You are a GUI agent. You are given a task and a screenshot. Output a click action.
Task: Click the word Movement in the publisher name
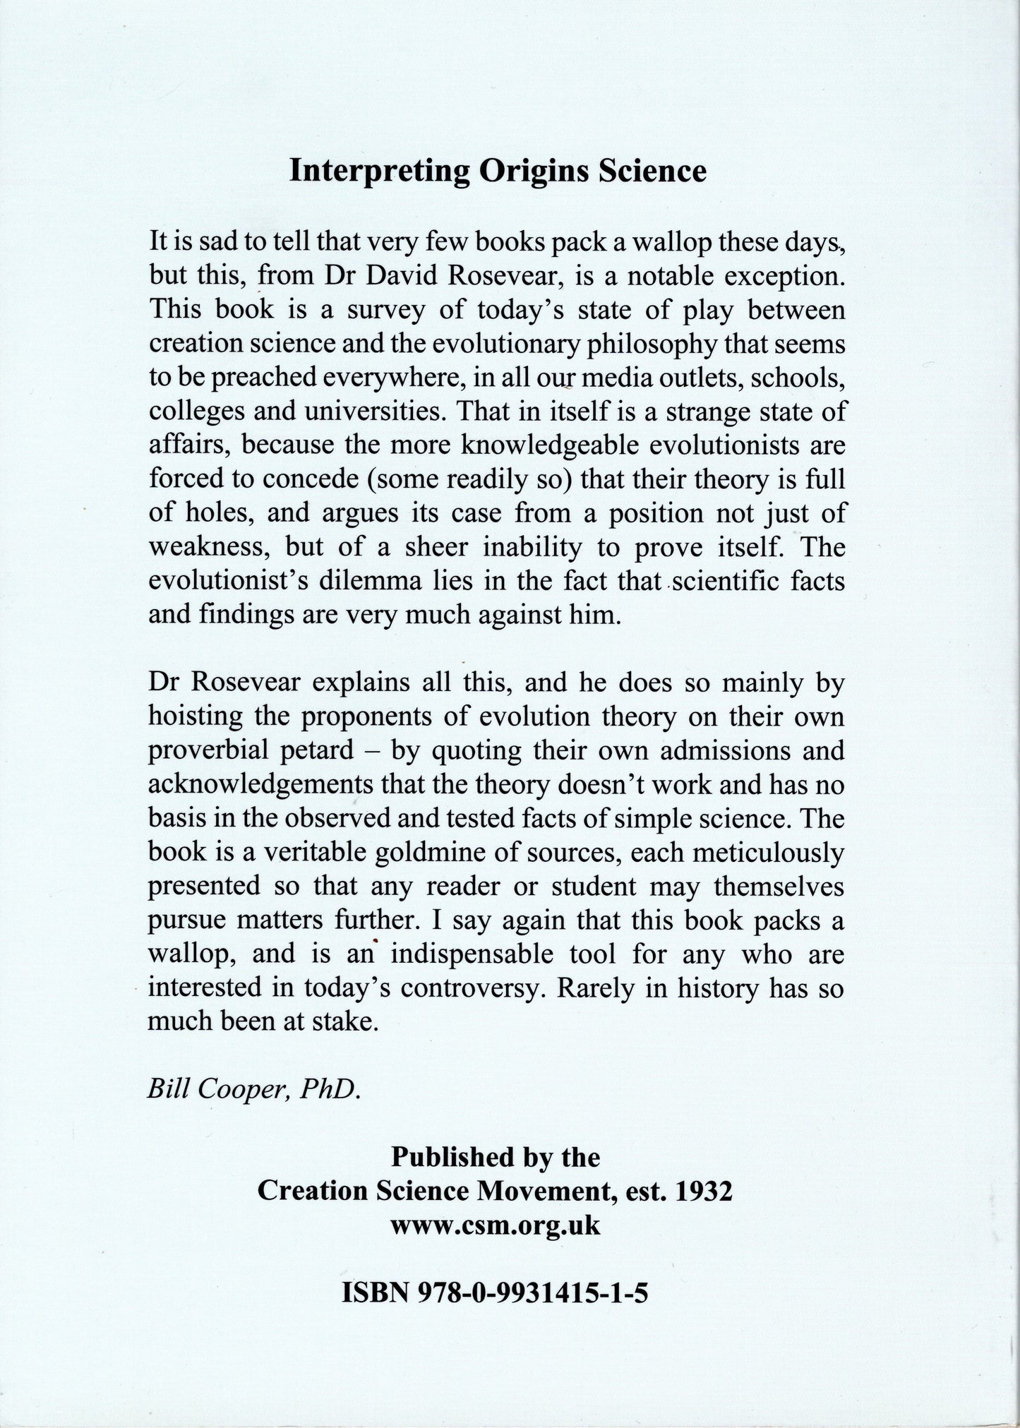point(541,1192)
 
